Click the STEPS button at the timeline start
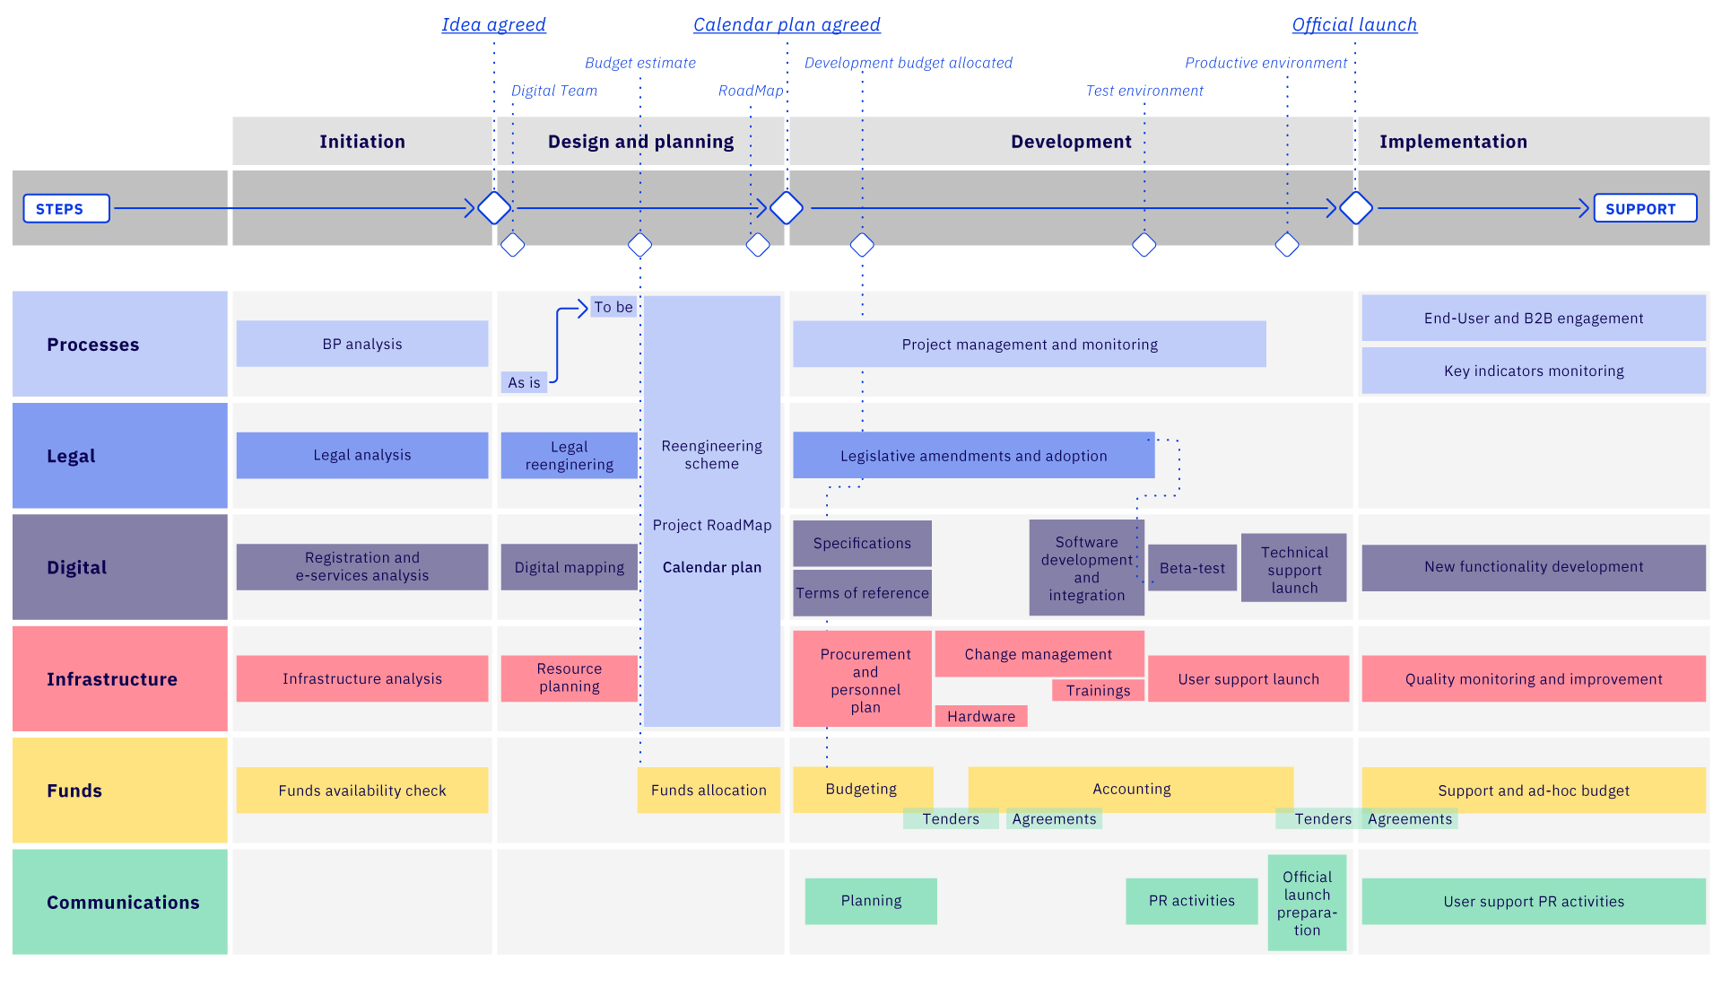(66, 208)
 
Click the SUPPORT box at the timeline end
(1644, 208)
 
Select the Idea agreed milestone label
(493, 24)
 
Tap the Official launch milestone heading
(1354, 24)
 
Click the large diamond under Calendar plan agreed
(787, 207)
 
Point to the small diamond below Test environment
(1144, 244)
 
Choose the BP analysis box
(361, 344)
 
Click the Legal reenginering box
(569, 455)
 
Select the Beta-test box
(1192, 568)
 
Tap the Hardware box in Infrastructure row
(981, 716)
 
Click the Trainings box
(1098, 690)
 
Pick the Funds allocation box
(709, 790)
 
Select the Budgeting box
(862, 789)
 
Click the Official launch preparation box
(1307, 903)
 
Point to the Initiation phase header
(361, 141)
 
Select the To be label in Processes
(613, 307)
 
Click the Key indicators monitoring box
(1533, 371)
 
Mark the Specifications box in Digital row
(862, 543)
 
